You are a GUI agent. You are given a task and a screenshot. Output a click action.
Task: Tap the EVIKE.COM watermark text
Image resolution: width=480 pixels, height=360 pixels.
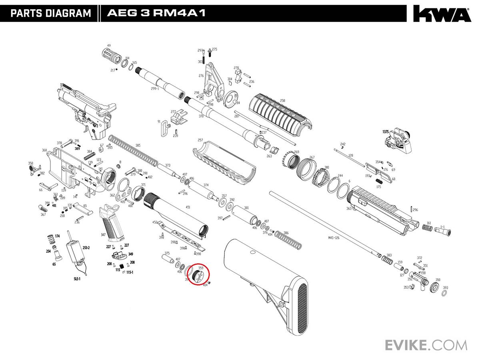point(426,344)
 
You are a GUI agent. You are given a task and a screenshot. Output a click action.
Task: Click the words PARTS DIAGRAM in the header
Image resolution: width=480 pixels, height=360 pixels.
point(51,13)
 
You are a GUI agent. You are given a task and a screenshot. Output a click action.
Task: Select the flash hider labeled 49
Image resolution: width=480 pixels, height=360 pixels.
point(112,54)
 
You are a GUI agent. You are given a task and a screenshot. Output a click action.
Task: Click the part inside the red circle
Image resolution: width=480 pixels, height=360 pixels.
point(198,276)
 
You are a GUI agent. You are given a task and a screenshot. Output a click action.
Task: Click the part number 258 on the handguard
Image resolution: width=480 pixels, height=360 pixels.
point(282,101)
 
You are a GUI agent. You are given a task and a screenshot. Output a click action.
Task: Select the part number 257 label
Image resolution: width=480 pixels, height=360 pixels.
point(200,140)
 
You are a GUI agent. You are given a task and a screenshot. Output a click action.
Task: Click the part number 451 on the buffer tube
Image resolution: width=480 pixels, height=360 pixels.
point(188,207)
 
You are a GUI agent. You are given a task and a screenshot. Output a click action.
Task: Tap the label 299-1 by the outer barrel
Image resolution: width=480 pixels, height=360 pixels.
point(155,89)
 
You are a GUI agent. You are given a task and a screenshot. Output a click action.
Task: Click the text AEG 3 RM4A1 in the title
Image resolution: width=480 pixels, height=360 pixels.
point(156,13)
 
